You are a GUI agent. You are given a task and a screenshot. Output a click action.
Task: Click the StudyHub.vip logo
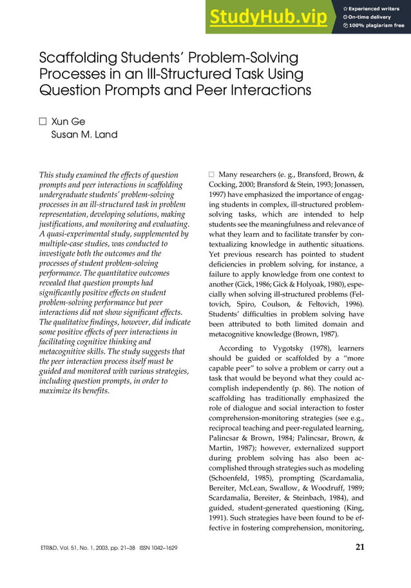click(267, 17)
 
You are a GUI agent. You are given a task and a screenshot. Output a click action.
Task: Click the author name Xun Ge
click(68, 122)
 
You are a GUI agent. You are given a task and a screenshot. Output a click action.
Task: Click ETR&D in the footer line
click(51, 549)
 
